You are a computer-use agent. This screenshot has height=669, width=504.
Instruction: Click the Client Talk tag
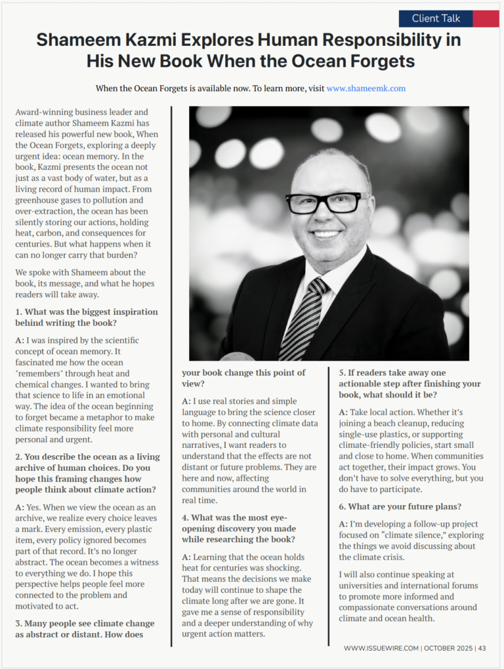[435, 18]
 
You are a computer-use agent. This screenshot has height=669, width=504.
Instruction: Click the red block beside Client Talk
[486, 18]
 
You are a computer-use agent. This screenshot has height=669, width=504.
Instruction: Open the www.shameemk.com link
[366, 88]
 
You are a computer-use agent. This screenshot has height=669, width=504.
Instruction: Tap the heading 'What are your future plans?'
[400, 506]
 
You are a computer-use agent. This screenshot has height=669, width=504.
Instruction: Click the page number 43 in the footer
[482, 648]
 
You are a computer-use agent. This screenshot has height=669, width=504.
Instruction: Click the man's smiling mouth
[326, 233]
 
